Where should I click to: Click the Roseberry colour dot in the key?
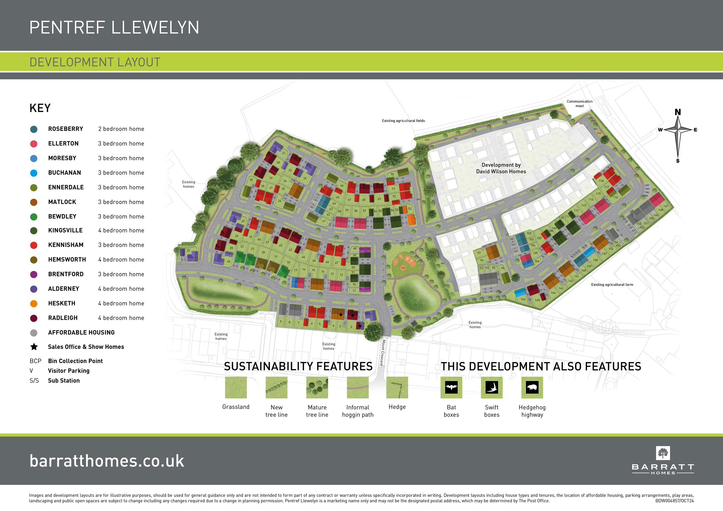(x=34, y=129)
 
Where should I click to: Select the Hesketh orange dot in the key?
(x=34, y=304)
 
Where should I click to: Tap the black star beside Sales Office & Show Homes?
(x=34, y=347)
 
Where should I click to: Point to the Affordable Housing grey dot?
(x=34, y=333)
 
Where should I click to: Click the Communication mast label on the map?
(x=580, y=104)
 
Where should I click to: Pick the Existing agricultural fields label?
(x=403, y=121)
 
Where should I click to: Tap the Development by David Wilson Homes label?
(x=501, y=168)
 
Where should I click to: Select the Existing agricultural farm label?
(x=612, y=284)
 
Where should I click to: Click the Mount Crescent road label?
(x=383, y=353)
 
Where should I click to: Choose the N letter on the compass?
(x=678, y=112)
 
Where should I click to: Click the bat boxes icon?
(x=451, y=387)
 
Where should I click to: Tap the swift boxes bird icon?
(x=491, y=387)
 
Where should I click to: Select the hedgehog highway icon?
(x=532, y=387)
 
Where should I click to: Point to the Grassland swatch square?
(x=236, y=387)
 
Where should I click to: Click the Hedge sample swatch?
(x=397, y=387)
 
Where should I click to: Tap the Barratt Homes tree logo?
(x=663, y=453)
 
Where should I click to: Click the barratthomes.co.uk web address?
(x=107, y=461)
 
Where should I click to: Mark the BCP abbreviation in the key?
(x=35, y=361)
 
